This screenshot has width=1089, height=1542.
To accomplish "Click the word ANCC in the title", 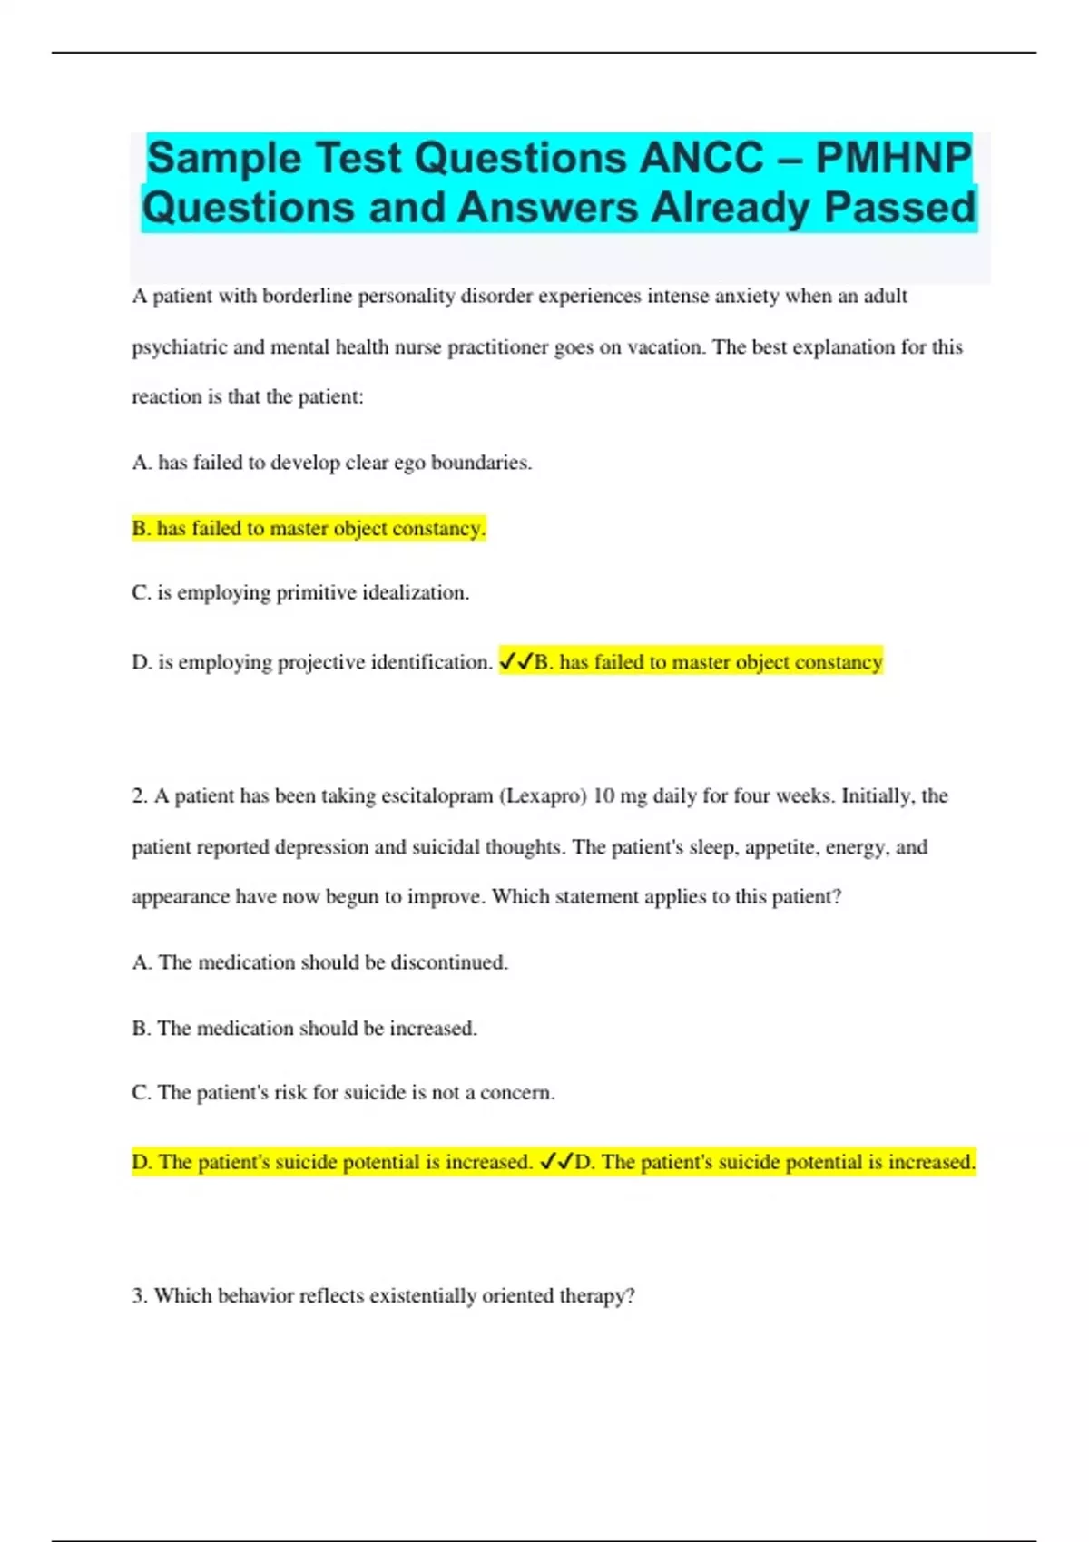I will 701,159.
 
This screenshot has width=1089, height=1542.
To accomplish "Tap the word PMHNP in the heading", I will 893,159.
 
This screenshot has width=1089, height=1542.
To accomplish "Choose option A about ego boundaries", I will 331,463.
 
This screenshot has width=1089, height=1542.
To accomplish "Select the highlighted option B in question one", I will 309,528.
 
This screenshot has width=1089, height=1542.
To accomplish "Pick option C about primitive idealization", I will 300,593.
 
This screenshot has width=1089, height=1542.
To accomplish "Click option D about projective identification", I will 311,662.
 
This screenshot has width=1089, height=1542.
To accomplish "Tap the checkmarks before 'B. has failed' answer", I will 515,662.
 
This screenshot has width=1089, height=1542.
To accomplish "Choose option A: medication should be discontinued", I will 319,962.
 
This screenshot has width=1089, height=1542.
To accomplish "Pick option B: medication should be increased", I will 304,1029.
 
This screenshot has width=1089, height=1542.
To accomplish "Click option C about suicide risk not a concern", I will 343,1093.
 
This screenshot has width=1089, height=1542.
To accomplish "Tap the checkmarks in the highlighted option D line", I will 555,1162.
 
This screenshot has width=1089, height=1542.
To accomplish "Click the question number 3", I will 139,1296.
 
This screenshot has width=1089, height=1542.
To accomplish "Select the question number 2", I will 139,796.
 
